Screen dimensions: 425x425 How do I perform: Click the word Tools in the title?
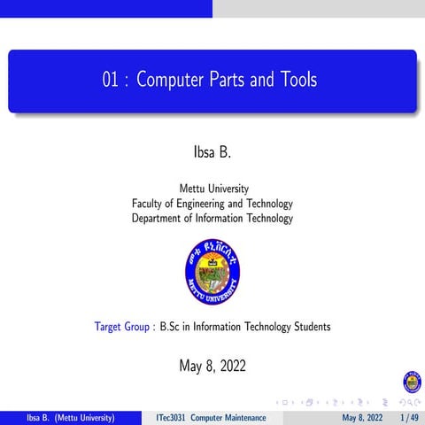[x=296, y=81]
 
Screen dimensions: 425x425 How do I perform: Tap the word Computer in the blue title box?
[x=174, y=81]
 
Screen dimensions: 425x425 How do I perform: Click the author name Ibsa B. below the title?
[x=212, y=151]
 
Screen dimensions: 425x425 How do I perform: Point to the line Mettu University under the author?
[x=213, y=189]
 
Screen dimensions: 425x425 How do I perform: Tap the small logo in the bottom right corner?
[x=412, y=382]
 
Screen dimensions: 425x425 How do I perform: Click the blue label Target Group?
[x=123, y=327]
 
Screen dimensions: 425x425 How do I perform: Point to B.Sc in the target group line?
[x=171, y=327]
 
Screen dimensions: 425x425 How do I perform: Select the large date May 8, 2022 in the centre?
[x=212, y=365]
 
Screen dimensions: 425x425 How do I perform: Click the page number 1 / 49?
[x=409, y=417]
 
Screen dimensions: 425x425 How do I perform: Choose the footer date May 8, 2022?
[x=363, y=417]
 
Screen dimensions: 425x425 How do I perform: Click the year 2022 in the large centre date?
[x=229, y=365]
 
